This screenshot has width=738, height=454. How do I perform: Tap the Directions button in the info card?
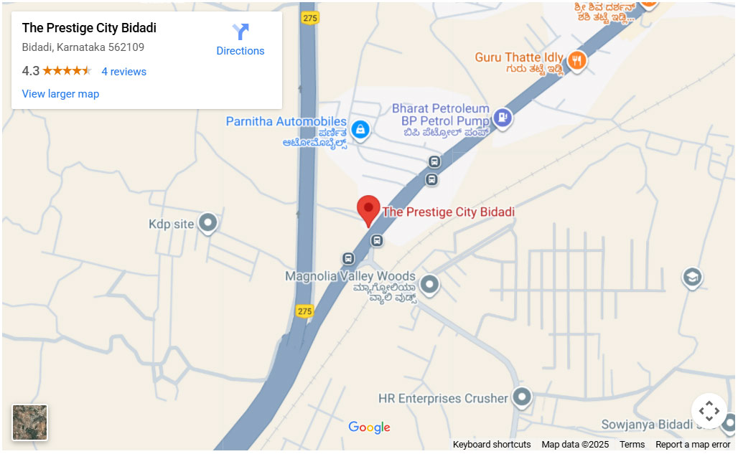point(240,40)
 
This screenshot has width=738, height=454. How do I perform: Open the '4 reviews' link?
point(123,72)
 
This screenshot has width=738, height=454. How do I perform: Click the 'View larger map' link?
point(60,94)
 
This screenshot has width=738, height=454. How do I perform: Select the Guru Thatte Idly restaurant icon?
point(576,61)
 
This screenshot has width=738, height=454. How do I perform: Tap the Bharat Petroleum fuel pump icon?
point(503,117)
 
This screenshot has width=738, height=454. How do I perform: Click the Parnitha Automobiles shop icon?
point(360,130)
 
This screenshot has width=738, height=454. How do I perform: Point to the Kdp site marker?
point(207,224)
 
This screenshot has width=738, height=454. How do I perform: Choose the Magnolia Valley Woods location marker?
point(429,285)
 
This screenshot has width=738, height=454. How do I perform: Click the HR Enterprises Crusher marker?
point(521,397)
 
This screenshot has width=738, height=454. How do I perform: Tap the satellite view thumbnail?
point(30,422)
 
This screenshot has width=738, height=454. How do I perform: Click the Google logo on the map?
point(369,427)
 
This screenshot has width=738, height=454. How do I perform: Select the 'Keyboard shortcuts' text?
point(492,445)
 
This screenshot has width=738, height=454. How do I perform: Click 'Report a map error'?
point(692,445)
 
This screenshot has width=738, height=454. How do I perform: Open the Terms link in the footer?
point(632,445)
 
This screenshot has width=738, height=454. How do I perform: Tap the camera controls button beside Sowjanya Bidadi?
point(709,411)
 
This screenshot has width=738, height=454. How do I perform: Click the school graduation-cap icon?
point(692,278)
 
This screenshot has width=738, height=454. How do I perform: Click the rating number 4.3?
point(31,71)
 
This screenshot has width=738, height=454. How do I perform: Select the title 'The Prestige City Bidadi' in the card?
point(89,28)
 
